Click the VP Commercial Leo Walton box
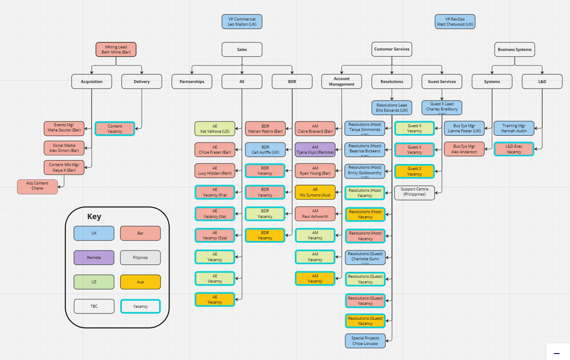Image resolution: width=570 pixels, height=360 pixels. click(242, 22)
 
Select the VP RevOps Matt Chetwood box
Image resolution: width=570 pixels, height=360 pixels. click(455, 22)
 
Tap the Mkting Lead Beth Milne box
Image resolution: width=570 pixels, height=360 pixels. click(116, 49)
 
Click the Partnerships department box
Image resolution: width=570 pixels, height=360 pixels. click(192, 81)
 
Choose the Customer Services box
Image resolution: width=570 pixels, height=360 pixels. click(392, 49)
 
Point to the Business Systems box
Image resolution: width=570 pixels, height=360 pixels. click(514, 49)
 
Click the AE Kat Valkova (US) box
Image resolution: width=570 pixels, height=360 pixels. click(215, 128)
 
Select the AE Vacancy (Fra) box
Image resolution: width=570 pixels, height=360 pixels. click(215, 192)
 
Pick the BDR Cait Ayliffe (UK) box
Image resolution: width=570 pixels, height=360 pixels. click(265, 150)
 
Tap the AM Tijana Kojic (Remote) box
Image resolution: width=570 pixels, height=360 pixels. click(315, 150)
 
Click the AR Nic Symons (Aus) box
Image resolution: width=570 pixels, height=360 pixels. click(315, 192)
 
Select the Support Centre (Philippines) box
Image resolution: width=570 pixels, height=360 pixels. click(414, 192)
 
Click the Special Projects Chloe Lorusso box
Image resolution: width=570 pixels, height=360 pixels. click(365, 341)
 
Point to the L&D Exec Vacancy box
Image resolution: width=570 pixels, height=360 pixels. click(514, 149)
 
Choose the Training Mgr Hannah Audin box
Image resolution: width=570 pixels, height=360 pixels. click(514, 128)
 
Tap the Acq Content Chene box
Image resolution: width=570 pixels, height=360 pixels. click(37, 186)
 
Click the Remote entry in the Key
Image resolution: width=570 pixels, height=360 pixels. click(94, 258)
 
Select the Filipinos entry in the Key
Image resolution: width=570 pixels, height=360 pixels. click(140, 258)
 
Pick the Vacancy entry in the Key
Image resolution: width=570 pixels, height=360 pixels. click(140, 306)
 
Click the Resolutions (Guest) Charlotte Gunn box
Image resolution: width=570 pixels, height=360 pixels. click(365, 257)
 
